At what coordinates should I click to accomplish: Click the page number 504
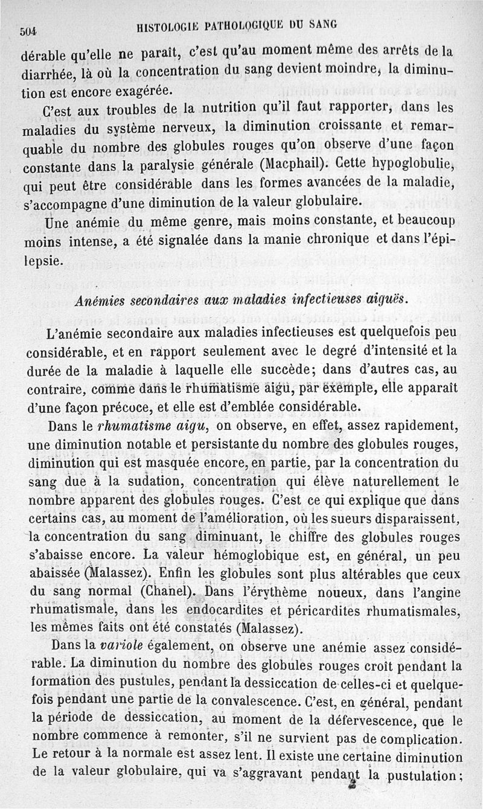click(30, 32)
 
